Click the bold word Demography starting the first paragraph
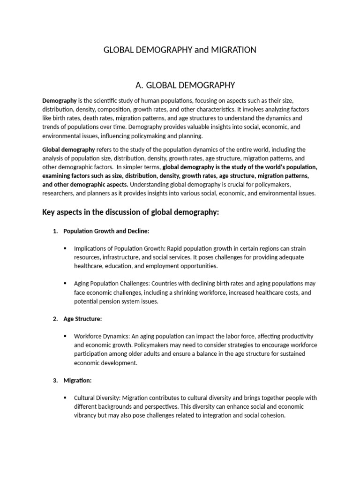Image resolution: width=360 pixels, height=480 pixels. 60,101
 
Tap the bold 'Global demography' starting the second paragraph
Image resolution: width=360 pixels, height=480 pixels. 68,150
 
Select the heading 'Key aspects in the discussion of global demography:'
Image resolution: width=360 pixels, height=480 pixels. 131,212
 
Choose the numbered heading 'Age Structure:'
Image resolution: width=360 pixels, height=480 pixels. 82,319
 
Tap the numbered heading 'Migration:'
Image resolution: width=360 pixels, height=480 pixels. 77,380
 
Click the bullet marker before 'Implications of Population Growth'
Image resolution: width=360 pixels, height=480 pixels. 64,248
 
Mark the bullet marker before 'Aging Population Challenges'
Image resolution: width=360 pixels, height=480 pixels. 64,284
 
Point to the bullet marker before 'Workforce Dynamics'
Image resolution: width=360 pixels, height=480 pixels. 64,337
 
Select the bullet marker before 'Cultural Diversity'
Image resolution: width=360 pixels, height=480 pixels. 64,398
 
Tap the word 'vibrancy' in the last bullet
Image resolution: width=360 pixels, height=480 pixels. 87,415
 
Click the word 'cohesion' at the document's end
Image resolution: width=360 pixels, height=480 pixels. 271,415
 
